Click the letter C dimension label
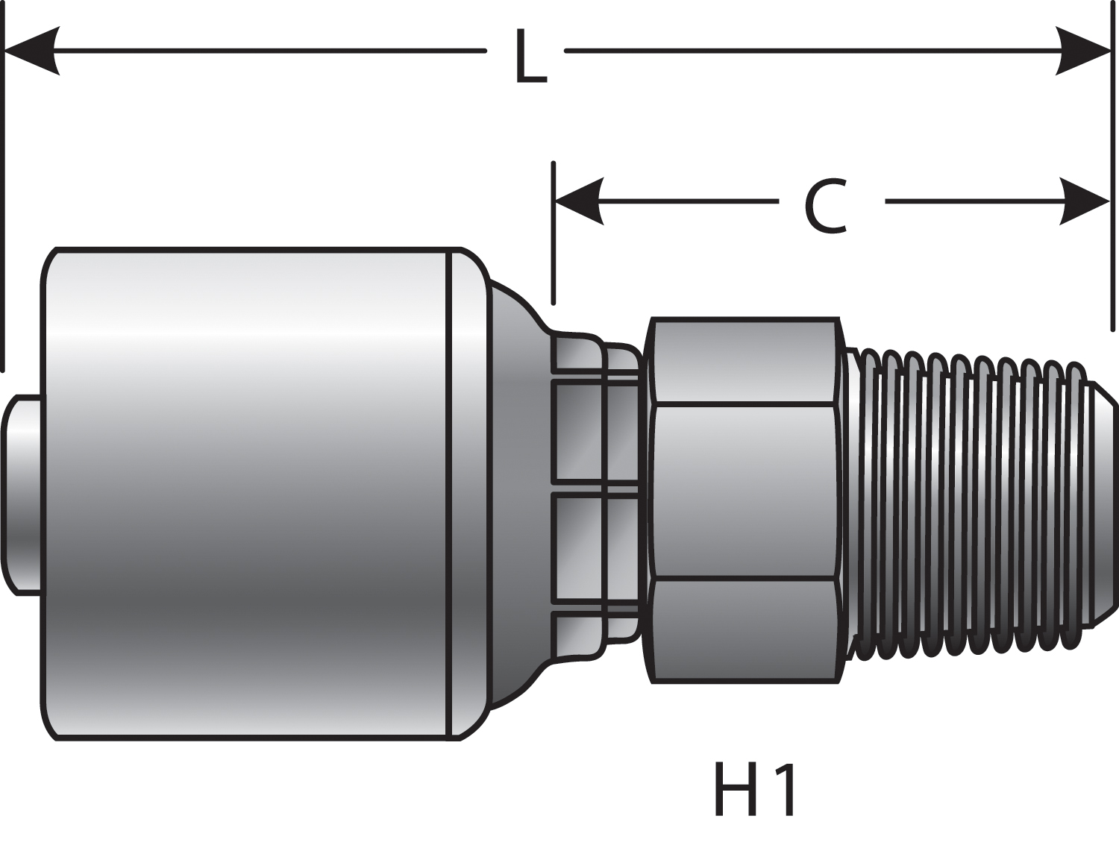pyautogui.click(x=826, y=207)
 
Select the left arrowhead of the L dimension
pyautogui.click(x=33, y=51)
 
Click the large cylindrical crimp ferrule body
pyautogui.click(x=246, y=492)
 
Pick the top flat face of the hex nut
pyautogui.click(x=745, y=362)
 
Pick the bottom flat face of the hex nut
pyautogui.click(x=745, y=630)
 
